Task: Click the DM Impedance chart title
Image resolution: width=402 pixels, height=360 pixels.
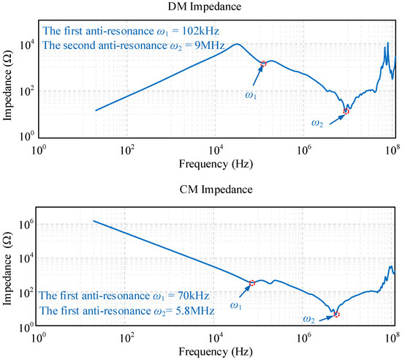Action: pos(205,7)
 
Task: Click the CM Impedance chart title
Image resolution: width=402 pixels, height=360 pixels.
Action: pos(216,190)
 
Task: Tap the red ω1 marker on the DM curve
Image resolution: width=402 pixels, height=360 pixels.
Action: pos(263,64)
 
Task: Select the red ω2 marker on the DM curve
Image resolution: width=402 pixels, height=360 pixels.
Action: pos(346,111)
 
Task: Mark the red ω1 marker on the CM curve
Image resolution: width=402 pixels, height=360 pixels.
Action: pos(252,283)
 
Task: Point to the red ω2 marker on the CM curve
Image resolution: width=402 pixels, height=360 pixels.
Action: pos(336,314)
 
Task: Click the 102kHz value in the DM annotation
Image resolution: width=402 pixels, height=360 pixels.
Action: pos(200,31)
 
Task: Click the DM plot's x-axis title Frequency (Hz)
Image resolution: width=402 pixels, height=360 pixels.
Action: pos(216,164)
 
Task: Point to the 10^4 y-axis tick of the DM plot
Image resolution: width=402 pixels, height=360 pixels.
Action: pos(27,46)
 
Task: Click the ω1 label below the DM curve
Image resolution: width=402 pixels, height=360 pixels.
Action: pos(251,95)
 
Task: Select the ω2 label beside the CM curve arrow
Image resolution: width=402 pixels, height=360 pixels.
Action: pos(308,319)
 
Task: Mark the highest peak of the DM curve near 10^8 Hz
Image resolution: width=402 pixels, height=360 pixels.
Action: pos(387,43)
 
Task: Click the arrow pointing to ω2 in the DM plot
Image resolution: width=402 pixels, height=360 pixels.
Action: pos(338,119)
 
